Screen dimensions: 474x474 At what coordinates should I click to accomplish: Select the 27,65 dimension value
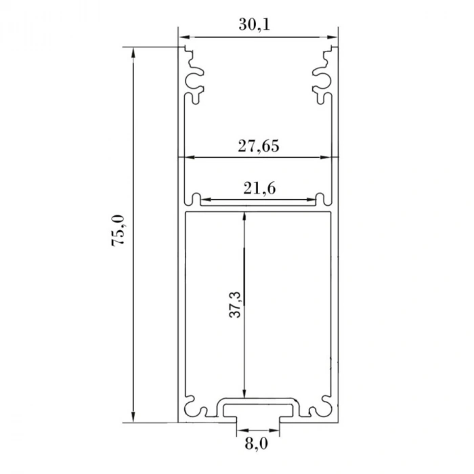click(x=258, y=145)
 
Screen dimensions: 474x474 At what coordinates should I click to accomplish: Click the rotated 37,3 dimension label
click(x=234, y=305)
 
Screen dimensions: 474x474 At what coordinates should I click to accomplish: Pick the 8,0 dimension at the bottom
click(x=258, y=444)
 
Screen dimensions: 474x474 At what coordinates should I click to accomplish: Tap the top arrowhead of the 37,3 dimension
click(x=244, y=217)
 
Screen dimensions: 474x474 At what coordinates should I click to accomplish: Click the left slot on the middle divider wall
click(x=196, y=200)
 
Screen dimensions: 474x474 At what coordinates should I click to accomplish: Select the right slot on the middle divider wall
click(x=321, y=200)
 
